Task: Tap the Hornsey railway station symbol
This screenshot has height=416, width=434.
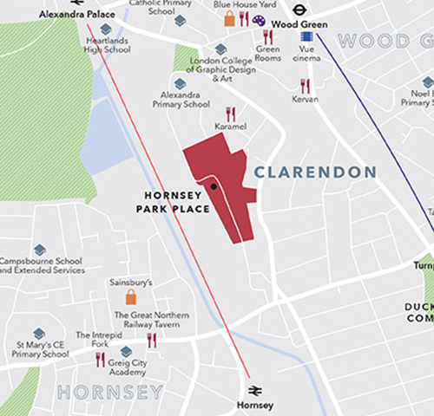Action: tap(255, 391)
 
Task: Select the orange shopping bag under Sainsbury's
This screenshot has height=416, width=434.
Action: tap(131, 297)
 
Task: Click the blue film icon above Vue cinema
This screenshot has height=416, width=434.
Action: tap(306, 36)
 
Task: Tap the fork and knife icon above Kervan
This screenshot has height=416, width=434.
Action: tap(305, 85)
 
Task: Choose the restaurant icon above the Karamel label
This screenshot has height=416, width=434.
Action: tap(231, 113)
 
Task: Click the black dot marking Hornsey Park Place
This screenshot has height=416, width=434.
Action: tap(213, 185)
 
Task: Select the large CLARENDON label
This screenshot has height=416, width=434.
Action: tap(314, 173)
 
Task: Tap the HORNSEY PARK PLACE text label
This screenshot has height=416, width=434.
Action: tap(168, 201)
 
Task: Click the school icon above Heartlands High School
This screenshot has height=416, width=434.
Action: tap(106, 30)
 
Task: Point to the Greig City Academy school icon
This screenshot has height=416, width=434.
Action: tap(126, 351)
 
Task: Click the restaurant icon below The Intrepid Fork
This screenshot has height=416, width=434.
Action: tap(100, 358)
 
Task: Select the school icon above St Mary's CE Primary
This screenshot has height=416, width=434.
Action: tap(39, 333)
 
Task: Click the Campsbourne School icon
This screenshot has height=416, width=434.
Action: tap(39, 250)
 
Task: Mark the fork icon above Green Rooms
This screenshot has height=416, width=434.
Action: tap(267, 36)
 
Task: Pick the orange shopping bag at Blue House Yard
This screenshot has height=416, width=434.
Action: tap(229, 18)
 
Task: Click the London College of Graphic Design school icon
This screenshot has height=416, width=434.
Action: tap(220, 49)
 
